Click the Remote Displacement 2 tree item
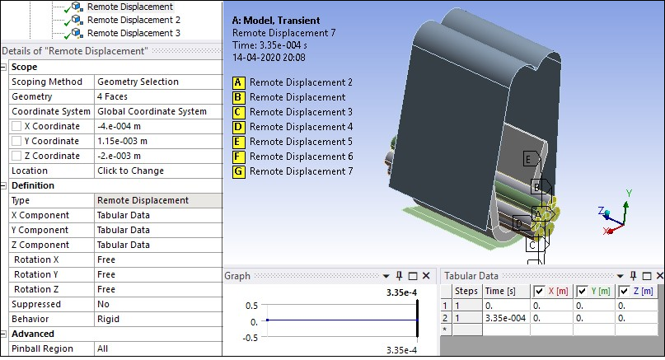coord(133,20)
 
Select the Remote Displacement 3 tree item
coord(133,33)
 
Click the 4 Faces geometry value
coord(115,96)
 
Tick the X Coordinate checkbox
coord(16,126)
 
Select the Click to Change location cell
coord(130,171)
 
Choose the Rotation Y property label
coord(38,274)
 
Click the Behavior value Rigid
coord(108,319)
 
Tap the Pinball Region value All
coord(103,348)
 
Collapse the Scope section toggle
coord(5,67)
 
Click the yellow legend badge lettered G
coord(239,171)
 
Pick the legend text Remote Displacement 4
coord(301,127)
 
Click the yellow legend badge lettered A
coord(239,82)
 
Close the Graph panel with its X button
coord(426,276)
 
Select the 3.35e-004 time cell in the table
coord(505,317)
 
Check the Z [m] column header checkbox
coord(625,292)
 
